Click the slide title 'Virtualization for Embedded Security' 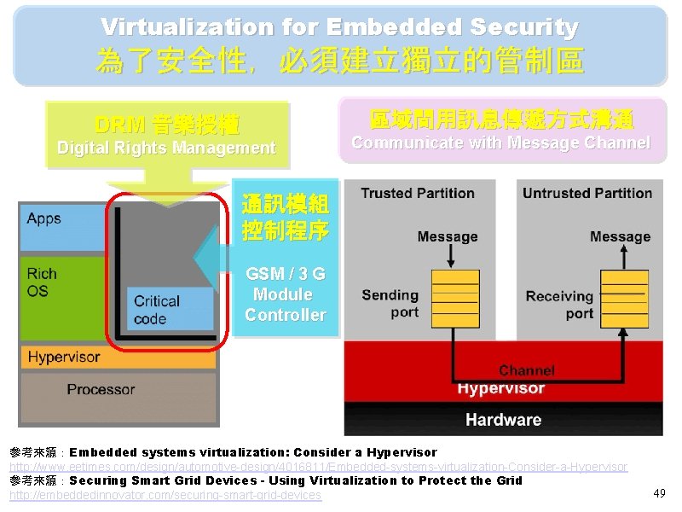coord(339,27)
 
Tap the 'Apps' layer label coord(44,218)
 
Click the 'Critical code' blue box coord(170,310)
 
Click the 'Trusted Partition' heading coord(417,194)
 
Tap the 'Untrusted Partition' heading coord(587,194)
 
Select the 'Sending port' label coord(390,304)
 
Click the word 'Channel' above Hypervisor coord(526,370)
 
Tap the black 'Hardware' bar coord(503,419)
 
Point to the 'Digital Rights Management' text coord(166,148)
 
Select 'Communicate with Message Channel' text coord(500,143)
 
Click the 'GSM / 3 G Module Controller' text coord(286,294)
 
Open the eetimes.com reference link coord(318,467)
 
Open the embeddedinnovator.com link coord(165,495)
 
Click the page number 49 coord(659,493)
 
